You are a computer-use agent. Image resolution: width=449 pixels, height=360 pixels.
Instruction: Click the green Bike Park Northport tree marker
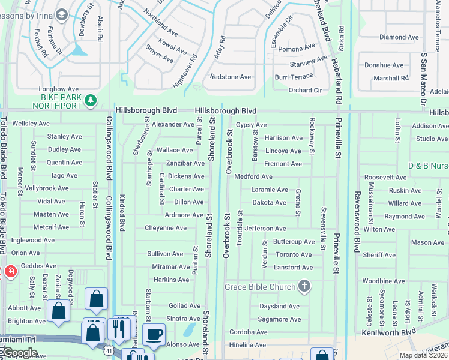click(x=90, y=100)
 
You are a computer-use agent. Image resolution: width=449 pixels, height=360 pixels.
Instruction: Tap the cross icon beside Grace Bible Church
click(x=304, y=286)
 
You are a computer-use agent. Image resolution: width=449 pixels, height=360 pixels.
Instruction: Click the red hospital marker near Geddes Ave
click(x=10, y=272)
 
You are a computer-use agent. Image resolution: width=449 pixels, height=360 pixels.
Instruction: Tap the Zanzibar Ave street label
click(x=185, y=163)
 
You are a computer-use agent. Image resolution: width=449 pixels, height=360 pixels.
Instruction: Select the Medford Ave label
click(x=253, y=177)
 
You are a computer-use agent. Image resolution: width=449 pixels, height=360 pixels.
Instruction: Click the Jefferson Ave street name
click(x=265, y=229)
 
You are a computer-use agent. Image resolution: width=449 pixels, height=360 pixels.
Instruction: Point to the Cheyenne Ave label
click(x=166, y=228)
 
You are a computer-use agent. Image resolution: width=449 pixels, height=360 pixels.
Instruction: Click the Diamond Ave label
click(x=399, y=37)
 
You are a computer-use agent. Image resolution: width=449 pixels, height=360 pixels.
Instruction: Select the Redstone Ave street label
click(x=230, y=77)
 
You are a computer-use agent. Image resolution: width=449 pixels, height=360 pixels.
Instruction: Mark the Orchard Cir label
click(x=305, y=91)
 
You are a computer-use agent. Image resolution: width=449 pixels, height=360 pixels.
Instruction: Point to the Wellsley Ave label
click(x=31, y=123)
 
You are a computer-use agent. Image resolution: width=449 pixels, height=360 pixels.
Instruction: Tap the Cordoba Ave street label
click(x=248, y=332)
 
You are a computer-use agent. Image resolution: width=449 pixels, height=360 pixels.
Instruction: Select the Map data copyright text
click(x=423, y=355)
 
